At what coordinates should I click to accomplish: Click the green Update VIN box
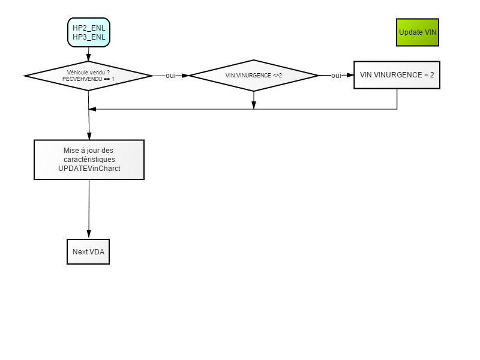(x=418, y=32)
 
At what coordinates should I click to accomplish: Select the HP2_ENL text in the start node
(x=89, y=28)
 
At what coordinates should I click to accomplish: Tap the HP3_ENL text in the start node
(x=89, y=37)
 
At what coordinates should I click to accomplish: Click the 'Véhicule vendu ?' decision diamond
(x=88, y=76)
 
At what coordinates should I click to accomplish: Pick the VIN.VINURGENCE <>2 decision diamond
(x=254, y=76)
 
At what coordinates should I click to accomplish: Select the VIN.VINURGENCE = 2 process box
(x=397, y=75)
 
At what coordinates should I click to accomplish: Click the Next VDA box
(x=88, y=251)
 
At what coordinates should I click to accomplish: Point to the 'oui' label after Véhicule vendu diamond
(x=170, y=76)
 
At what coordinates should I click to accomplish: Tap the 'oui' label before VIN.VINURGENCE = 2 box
(x=336, y=76)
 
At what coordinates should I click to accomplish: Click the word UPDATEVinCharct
(x=89, y=169)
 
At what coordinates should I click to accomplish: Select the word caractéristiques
(x=89, y=160)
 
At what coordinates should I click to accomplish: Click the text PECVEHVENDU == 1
(x=88, y=79)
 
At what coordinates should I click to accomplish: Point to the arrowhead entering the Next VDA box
(x=89, y=235)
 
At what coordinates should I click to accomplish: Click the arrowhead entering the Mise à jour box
(x=89, y=136)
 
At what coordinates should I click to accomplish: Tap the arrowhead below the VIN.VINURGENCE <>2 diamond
(x=254, y=105)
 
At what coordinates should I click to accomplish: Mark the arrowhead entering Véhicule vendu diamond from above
(x=88, y=57)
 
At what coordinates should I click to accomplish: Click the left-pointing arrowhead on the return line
(x=92, y=109)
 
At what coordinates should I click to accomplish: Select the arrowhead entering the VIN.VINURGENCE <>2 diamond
(x=185, y=76)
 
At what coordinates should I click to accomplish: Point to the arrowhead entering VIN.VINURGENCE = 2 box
(x=350, y=75)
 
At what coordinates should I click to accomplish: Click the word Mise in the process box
(x=71, y=151)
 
